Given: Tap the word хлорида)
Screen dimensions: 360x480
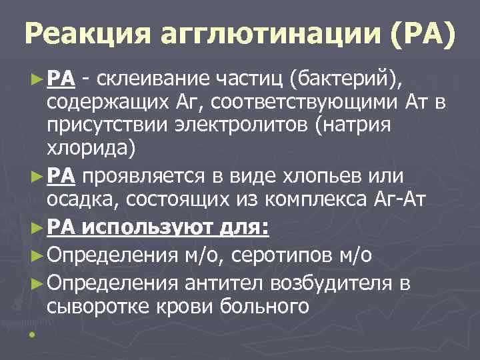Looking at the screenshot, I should [91, 149].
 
